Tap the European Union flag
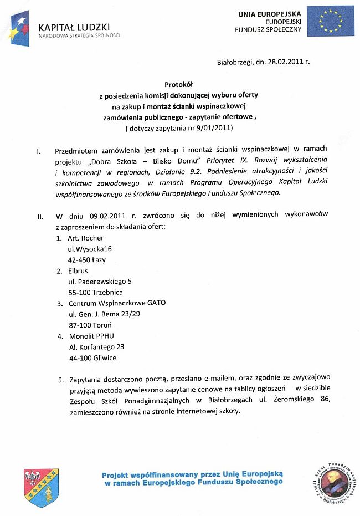[331, 21]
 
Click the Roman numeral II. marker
[40, 216]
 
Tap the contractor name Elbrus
[79, 270]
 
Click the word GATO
[156, 303]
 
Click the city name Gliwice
[105, 357]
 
